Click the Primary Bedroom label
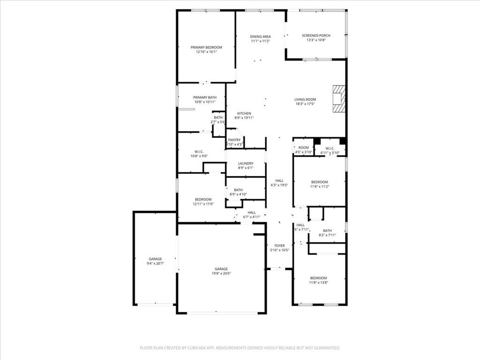tap(206, 47)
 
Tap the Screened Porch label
tap(316, 36)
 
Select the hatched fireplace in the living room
tap(339, 98)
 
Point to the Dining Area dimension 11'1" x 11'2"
tap(260, 41)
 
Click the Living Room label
tap(305, 99)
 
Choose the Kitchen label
tap(244, 113)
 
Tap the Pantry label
tap(234, 140)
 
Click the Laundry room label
tap(246, 163)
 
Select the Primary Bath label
tap(205, 97)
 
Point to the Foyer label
tap(279, 246)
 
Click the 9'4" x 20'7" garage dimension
tap(155, 264)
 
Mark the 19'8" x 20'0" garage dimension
tap(221, 274)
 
